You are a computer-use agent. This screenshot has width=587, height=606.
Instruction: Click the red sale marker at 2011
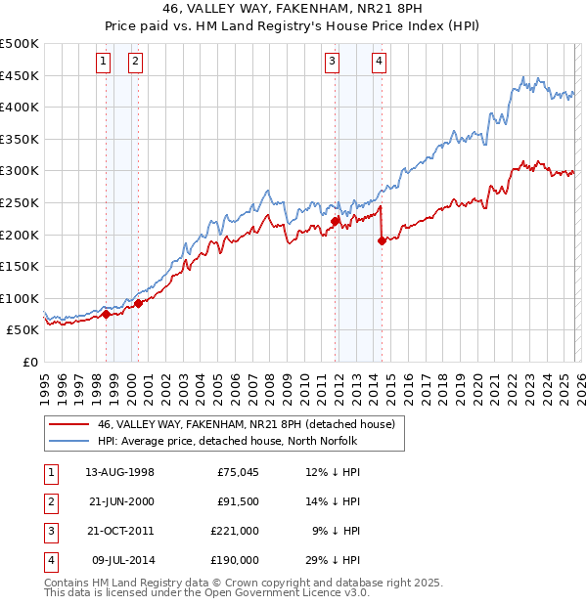335,221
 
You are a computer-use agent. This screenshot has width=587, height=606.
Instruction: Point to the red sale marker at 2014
382,240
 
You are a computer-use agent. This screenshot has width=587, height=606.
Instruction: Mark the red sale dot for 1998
106,314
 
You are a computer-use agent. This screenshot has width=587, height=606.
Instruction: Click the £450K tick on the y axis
20,75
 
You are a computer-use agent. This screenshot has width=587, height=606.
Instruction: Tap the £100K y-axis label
20,298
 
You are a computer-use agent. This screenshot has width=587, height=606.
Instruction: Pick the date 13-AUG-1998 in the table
119,472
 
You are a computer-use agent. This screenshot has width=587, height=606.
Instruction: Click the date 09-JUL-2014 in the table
121,560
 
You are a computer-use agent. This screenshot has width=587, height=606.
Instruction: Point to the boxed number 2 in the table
50,501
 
